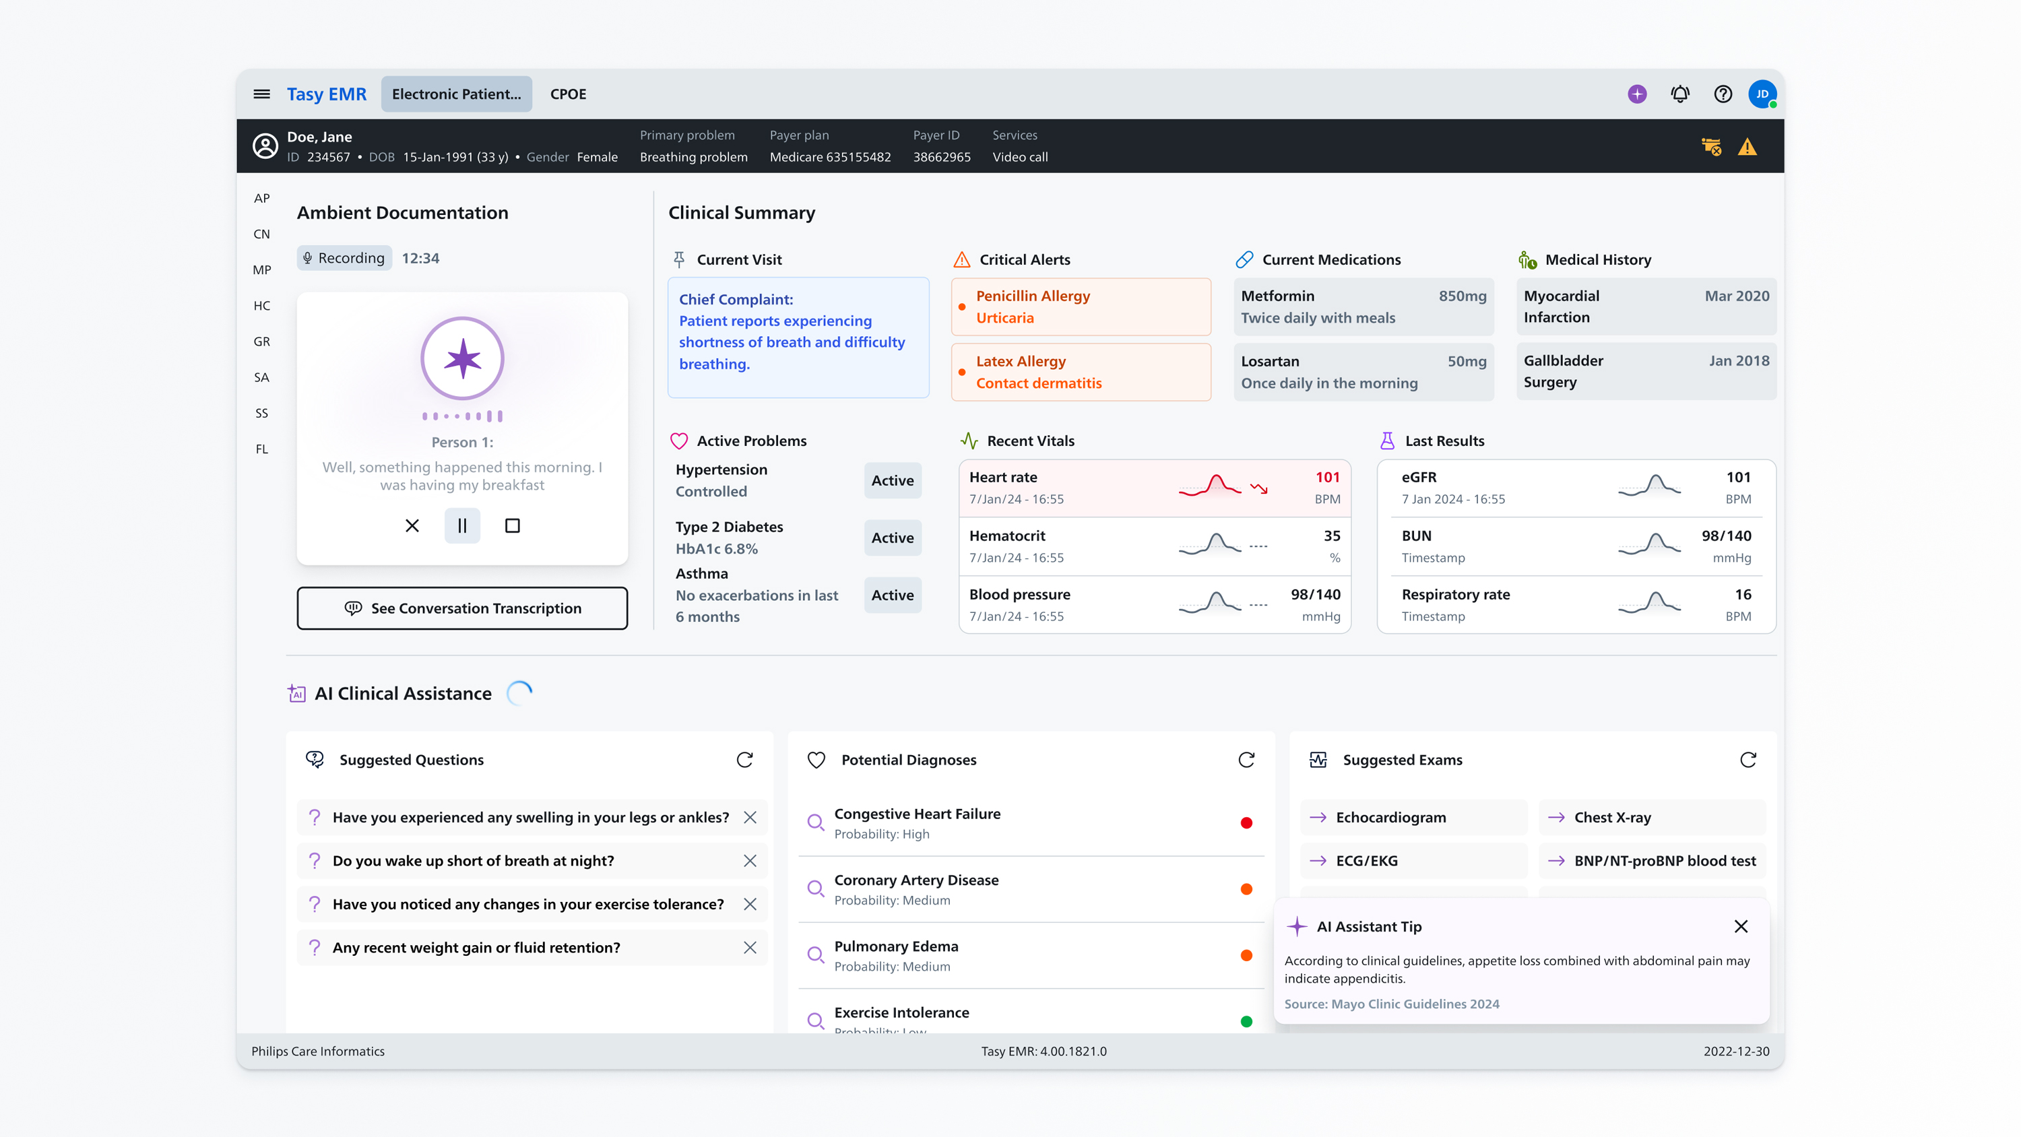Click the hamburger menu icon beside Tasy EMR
(x=261, y=94)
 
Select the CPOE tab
(x=568, y=94)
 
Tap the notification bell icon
(x=1679, y=94)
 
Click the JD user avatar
(x=1762, y=94)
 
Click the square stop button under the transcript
(x=512, y=526)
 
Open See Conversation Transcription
(x=462, y=608)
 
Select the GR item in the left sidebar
(x=261, y=342)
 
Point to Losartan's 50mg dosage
(x=1467, y=361)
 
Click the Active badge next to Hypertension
(x=892, y=480)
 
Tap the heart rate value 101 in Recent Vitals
(x=1326, y=477)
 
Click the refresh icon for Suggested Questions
(x=744, y=760)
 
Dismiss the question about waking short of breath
(x=750, y=861)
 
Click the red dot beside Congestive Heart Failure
(x=1246, y=823)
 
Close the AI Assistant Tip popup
(x=1741, y=927)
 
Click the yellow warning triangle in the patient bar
(x=1747, y=147)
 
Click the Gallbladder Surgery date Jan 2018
(x=1739, y=361)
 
